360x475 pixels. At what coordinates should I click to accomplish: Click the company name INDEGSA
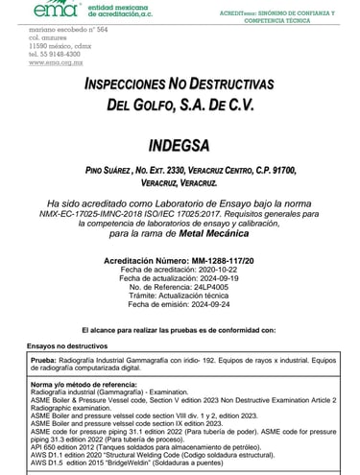[180, 145]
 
